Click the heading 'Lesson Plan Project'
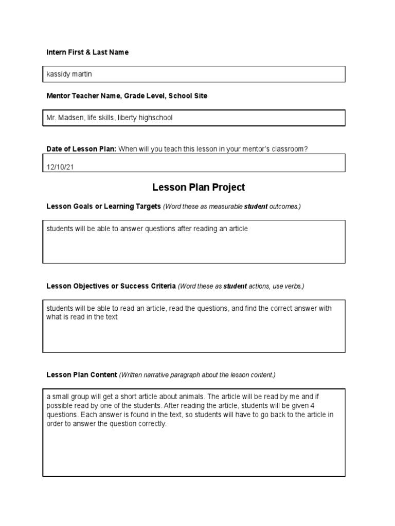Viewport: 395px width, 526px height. click(x=198, y=187)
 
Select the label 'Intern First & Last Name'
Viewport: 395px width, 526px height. click(x=87, y=52)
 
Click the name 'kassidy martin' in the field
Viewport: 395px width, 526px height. click(x=69, y=74)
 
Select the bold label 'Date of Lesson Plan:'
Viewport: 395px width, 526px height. click(x=81, y=149)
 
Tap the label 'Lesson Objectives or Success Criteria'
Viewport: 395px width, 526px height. click(x=111, y=286)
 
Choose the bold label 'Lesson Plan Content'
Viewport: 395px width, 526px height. click(x=82, y=375)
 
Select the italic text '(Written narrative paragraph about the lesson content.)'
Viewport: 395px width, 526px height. click(x=197, y=375)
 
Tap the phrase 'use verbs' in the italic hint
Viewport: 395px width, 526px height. click(x=290, y=286)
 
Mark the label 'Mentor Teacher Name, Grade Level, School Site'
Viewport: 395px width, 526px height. click(x=127, y=96)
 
